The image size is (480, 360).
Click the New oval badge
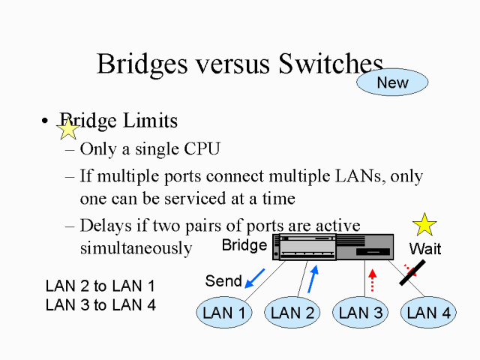(392, 82)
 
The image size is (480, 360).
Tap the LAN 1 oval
(224, 312)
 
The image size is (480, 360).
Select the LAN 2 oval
(292, 312)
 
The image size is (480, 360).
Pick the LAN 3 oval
(361, 312)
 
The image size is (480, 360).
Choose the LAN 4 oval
(428, 312)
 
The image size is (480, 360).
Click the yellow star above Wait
(425, 223)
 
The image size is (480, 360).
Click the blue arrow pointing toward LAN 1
(255, 277)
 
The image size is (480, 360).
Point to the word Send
(223, 281)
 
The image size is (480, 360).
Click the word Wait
(424, 248)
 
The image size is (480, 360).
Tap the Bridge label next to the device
(244, 245)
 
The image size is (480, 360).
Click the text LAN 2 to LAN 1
(100, 286)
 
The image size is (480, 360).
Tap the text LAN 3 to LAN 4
(100, 305)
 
